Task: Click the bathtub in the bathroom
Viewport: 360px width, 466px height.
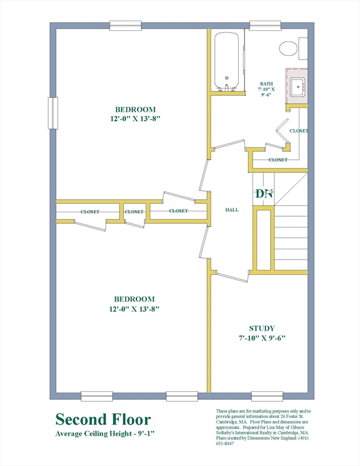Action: (x=226, y=61)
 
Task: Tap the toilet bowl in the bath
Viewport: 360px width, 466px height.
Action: (x=288, y=49)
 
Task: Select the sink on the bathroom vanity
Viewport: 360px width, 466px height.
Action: (x=297, y=87)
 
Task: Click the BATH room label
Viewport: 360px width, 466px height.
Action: (x=266, y=84)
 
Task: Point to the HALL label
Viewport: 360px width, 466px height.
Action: (x=231, y=210)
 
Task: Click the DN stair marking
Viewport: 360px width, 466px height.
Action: (x=264, y=194)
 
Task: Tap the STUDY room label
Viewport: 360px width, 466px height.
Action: (x=262, y=328)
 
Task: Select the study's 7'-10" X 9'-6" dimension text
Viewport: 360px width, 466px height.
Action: (x=262, y=338)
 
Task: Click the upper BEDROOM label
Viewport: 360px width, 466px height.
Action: (x=135, y=109)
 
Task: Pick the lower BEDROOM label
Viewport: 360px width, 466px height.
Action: (x=134, y=299)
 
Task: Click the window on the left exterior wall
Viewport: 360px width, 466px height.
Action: (x=53, y=113)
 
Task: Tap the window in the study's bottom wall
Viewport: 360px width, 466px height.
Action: (x=267, y=396)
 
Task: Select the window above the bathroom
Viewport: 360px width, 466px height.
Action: (x=265, y=25)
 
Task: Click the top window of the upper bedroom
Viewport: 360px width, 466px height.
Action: (x=125, y=25)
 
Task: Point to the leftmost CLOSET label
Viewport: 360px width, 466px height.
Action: (x=90, y=212)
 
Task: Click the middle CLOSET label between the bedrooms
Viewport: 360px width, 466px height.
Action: (x=134, y=212)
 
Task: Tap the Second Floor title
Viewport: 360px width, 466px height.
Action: (x=103, y=419)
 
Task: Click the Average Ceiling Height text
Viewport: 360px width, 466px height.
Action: (x=105, y=434)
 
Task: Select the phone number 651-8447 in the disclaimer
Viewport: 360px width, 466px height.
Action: (x=225, y=444)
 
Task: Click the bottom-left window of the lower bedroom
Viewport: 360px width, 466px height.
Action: (x=97, y=396)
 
